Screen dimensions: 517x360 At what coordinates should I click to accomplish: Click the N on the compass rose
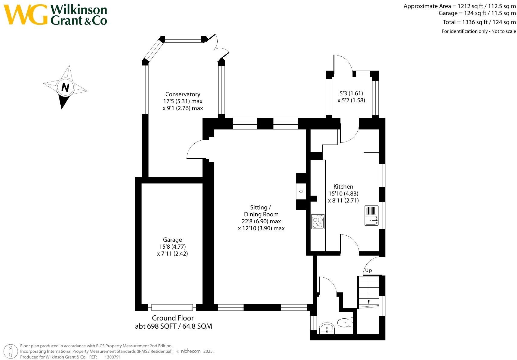coord(65,88)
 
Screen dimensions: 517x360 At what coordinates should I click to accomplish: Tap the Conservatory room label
coord(183,94)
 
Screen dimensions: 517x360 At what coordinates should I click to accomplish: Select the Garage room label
coord(172,240)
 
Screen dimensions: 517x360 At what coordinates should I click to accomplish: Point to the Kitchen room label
coord(343,187)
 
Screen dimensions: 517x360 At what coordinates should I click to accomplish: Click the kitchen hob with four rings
coord(318,221)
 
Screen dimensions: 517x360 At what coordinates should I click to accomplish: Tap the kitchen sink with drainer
coord(371,215)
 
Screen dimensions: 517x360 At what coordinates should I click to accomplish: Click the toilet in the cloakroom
coord(345,322)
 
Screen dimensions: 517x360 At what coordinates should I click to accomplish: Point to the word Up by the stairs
coord(369,270)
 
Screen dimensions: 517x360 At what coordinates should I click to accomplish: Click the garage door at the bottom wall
coord(172,307)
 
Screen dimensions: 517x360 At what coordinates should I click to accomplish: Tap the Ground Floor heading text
coord(173,318)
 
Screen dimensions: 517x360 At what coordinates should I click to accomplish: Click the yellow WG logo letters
coord(26,14)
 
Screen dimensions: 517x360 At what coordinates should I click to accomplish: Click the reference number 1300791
coord(113,357)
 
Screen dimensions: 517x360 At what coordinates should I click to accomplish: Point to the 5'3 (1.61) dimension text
coord(351,93)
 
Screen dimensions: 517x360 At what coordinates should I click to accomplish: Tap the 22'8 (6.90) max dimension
coord(261,221)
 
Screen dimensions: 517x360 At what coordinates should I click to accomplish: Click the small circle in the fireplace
coord(301,191)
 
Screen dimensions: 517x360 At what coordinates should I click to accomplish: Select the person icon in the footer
coord(11,352)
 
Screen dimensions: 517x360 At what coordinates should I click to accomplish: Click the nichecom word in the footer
coord(191,351)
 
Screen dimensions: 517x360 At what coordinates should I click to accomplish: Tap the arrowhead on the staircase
coord(369,302)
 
